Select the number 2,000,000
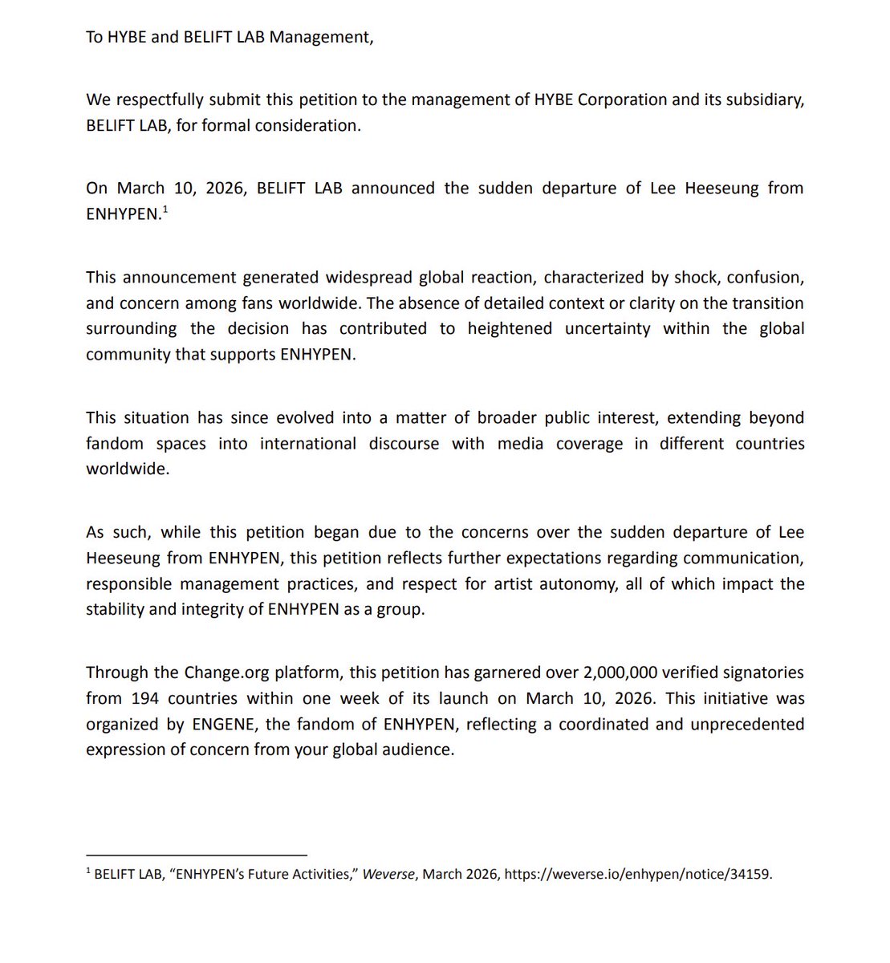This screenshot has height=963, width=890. point(628,672)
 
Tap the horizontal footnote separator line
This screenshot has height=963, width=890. point(197,855)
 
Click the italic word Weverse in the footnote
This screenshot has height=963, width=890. point(388,875)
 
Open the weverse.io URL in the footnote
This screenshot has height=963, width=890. point(638,875)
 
